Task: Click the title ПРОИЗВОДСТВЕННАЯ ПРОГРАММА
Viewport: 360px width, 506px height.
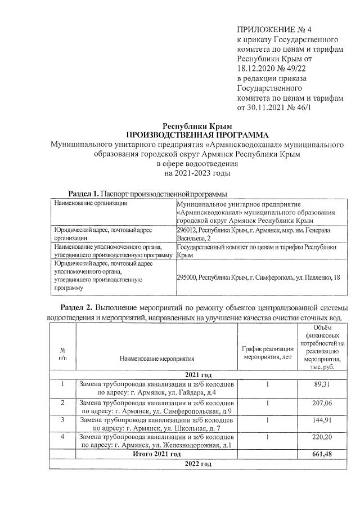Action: (x=197, y=135)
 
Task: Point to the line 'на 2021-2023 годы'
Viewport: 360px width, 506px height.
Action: (x=197, y=173)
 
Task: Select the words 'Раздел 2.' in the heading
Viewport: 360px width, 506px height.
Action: (x=76, y=309)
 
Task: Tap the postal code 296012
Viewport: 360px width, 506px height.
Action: (x=187, y=230)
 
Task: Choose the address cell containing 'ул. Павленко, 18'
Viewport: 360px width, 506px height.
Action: (x=258, y=277)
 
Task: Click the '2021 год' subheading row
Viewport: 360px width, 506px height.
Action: (x=197, y=374)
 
